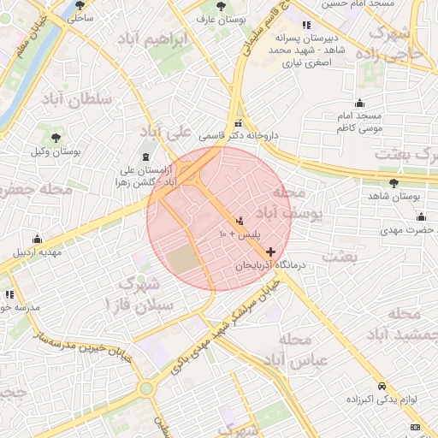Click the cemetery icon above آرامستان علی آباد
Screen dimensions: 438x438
(145, 157)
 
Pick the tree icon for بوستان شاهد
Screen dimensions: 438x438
(394, 183)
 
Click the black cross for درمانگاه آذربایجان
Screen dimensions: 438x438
(271, 252)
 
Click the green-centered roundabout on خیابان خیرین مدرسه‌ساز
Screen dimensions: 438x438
(146, 388)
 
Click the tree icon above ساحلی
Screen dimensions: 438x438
(80, 4)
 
